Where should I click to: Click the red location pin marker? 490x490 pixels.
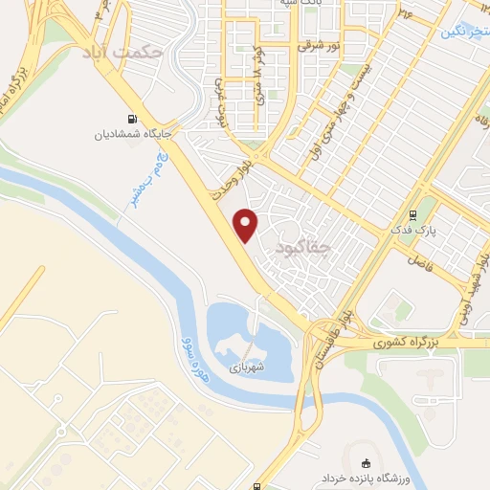pyautogui.click(x=247, y=225)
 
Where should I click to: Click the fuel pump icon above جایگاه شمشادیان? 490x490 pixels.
pyautogui.click(x=131, y=118)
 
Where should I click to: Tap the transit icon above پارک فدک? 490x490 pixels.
pyautogui.click(x=412, y=215)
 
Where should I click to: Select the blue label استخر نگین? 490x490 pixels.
pyautogui.click(x=466, y=32)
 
